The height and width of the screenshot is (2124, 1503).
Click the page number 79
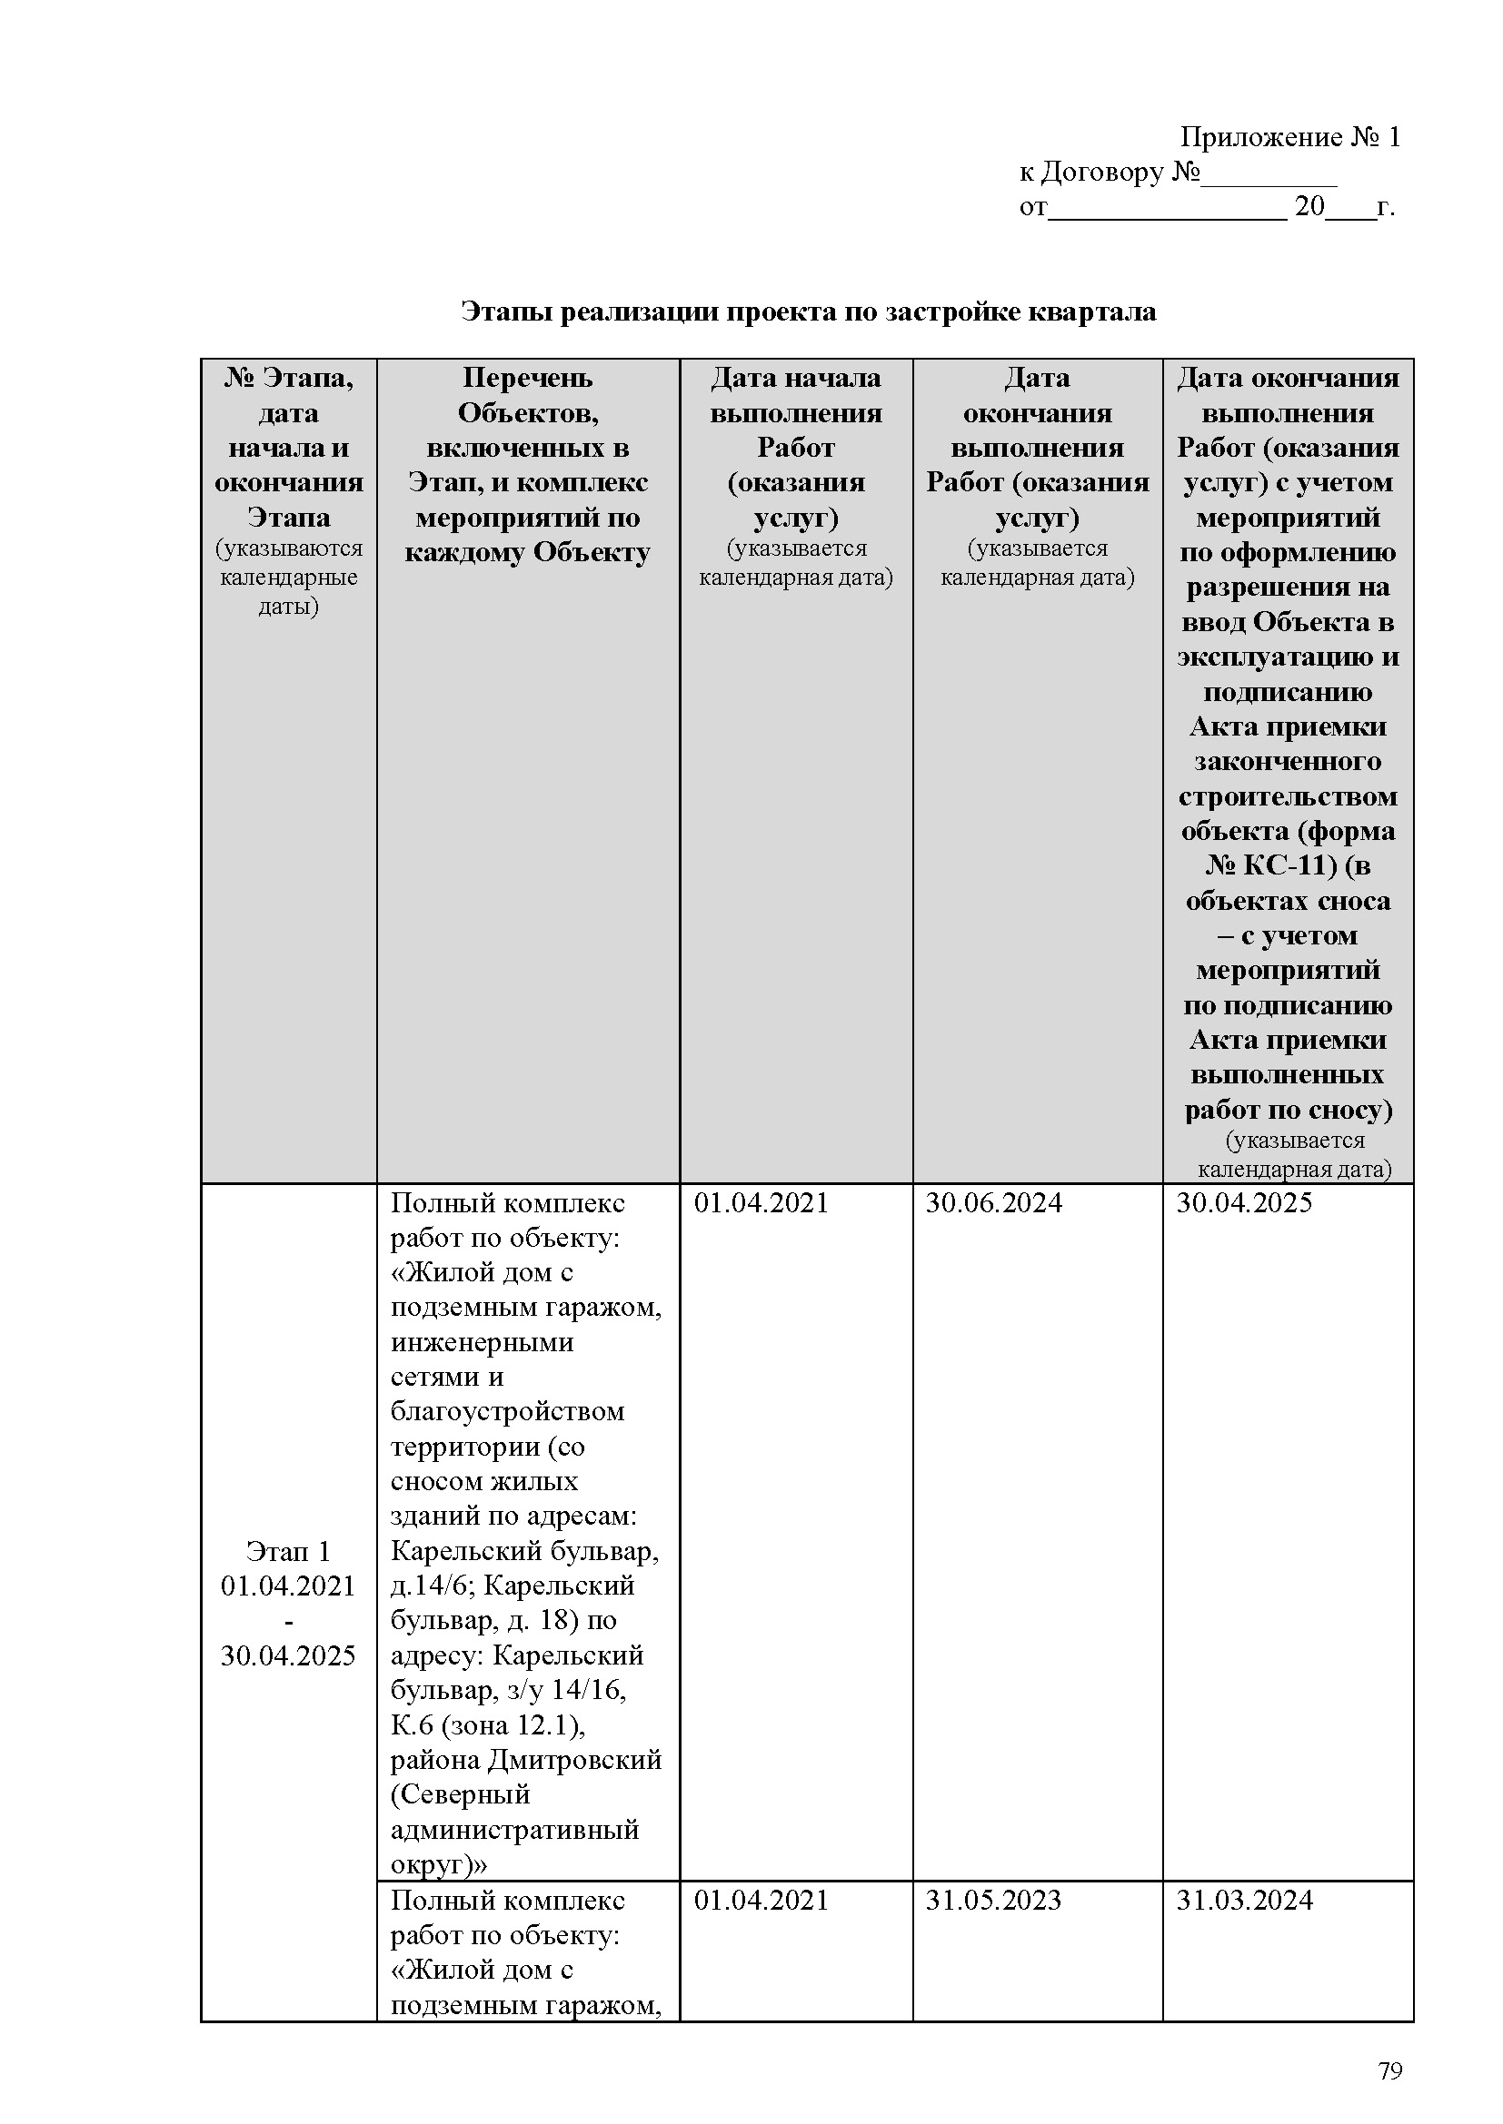pyautogui.click(x=1390, y=2070)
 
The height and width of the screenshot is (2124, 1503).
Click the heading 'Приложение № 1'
pyautogui.click(x=1289, y=138)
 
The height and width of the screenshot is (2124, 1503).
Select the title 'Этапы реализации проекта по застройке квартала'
pyautogui.click(x=808, y=311)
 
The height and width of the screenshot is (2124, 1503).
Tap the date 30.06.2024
pyautogui.click(x=993, y=1202)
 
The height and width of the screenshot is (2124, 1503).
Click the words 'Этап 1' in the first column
pyautogui.click(x=288, y=1550)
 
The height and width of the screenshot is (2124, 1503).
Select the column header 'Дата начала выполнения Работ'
pyautogui.click(x=795, y=412)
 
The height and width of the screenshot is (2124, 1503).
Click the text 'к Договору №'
pyautogui.click(x=1110, y=172)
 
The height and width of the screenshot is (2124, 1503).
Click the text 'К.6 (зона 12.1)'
pyautogui.click(x=487, y=1724)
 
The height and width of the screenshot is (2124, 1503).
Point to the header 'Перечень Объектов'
pyautogui.click(x=528, y=395)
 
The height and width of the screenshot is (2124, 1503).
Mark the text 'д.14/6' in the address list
pyautogui.click(x=432, y=1586)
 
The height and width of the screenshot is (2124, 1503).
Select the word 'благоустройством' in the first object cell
pyautogui.click(x=507, y=1411)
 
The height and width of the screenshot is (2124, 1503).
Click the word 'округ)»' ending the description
pyautogui.click(x=439, y=1864)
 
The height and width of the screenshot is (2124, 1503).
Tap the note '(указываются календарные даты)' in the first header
pyautogui.click(x=288, y=578)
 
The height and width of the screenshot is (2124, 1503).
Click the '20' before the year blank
pyautogui.click(x=1309, y=206)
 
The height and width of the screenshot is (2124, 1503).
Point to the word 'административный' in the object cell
pyautogui.click(x=514, y=1829)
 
